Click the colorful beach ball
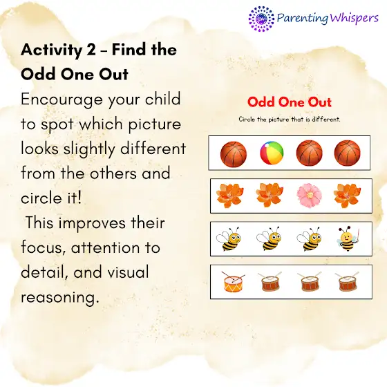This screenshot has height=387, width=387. click(272, 153)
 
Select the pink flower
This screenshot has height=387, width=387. click(310, 195)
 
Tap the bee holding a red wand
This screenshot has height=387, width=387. click(348, 238)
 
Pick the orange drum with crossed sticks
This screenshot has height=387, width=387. click(234, 282)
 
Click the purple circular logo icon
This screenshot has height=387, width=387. click(261, 19)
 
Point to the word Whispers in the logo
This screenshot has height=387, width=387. click(353, 19)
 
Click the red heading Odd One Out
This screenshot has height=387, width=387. click(290, 102)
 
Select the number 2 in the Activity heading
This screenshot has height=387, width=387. click(91, 50)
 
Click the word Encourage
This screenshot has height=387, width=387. click(62, 100)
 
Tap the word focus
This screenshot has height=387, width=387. click(44, 247)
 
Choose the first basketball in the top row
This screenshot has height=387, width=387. click(234, 153)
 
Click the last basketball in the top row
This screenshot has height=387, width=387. click(347, 153)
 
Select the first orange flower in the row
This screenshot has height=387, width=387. click(229, 195)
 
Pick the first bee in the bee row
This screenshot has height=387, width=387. click(229, 238)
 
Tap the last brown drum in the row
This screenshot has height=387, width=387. click(347, 282)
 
